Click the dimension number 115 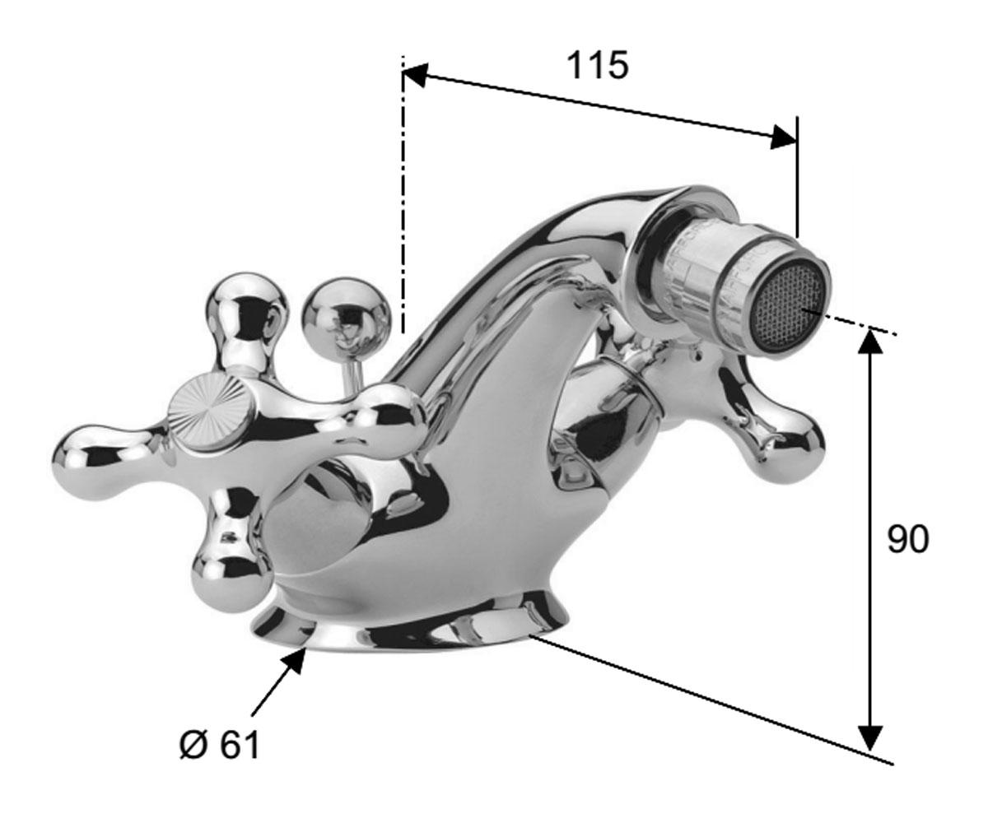(x=598, y=65)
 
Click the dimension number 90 (x=908, y=540)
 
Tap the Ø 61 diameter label (x=220, y=746)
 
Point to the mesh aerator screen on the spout (x=787, y=308)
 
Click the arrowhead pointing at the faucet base (x=292, y=660)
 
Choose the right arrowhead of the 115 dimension (x=784, y=137)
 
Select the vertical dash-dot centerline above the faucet (x=403, y=194)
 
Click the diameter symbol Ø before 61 (x=194, y=746)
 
